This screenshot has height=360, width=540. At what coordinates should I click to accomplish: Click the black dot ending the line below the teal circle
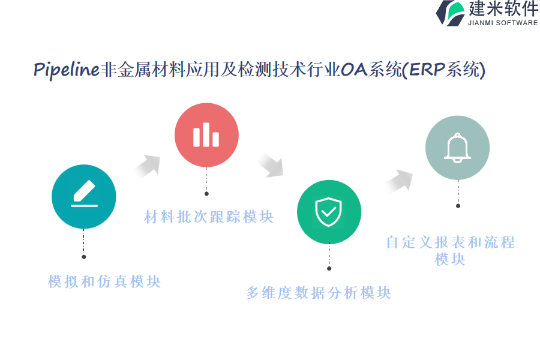click(x=83, y=257)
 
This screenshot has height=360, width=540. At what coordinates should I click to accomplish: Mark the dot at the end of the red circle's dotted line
click(x=206, y=194)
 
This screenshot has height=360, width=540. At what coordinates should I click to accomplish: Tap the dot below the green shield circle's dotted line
click(x=329, y=268)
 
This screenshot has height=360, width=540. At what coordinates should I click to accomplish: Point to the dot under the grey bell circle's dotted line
click(x=458, y=206)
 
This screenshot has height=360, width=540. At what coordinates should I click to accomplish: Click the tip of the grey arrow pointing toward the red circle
click(x=160, y=157)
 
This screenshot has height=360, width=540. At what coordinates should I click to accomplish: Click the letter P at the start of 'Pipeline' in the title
click(x=39, y=70)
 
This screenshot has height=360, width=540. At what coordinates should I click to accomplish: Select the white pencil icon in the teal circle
click(x=85, y=191)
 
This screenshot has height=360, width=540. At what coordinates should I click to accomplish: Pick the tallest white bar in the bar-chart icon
click(x=206, y=134)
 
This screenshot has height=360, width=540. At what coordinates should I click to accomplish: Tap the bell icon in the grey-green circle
click(x=457, y=148)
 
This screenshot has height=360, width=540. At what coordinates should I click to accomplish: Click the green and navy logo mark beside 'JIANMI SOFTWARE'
click(x=451, y=13)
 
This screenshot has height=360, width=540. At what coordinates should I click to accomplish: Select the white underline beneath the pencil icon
click(x=85, y=206)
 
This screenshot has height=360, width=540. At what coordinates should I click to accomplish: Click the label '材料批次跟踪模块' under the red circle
click(x=209, y=217)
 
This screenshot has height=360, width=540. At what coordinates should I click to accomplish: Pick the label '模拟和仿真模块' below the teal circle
click(x=104, y=281)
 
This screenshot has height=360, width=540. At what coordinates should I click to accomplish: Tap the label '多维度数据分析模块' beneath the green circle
click(x=318, y=293)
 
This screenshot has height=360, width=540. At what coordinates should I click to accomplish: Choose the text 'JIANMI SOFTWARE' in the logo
click(x=503, y=23)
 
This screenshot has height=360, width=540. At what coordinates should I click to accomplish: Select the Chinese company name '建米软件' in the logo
click(x=503, y=8)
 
